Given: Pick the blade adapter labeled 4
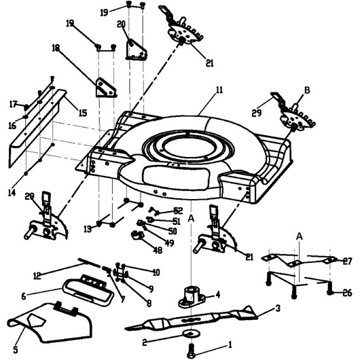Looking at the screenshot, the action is tap(192, 298).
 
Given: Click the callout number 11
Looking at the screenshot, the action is tap(219, 90).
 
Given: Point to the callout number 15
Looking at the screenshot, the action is tap(83, 113).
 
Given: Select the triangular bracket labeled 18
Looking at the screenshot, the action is tap(105, 88).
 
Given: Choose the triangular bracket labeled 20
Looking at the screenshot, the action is tap(136, 50).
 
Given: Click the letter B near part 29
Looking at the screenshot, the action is tap(307, 90).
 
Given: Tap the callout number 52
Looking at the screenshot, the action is tap(178, 211).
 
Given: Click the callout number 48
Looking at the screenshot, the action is tap(158, 250).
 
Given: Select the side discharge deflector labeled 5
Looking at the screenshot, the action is tap(50, 323).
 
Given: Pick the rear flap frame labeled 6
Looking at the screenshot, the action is tap(88, 290).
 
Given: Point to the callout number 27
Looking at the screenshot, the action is tap(347, 261).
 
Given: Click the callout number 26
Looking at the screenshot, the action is tap(347, 293).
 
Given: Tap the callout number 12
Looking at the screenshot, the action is tap(37, 276).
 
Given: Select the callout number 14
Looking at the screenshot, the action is tap(12, 192).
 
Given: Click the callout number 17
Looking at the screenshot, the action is tap(14, 105).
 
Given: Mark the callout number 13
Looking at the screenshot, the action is tap(88, 229).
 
